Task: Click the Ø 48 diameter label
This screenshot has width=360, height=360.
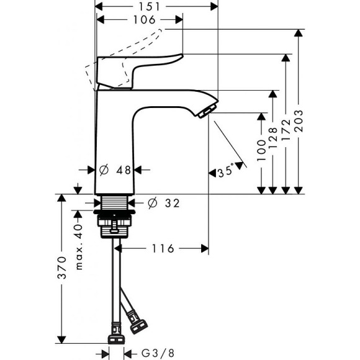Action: point(117,169)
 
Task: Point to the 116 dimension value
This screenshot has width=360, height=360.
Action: point(163,248)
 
